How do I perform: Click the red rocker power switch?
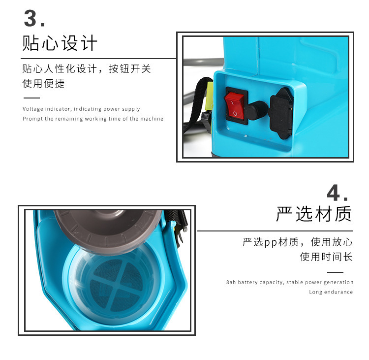(x=235, y=106)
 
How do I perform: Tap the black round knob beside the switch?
(x=257, y=110)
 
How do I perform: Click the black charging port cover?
(x=281, y=113)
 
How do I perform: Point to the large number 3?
(x=31, y=18)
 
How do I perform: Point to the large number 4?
(x=334, y=193)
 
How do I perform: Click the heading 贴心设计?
(x=60, y=43)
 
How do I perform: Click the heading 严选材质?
(x=314, y=214)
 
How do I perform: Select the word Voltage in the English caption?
(x=33, y=109)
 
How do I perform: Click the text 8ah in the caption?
(x=231, y=282)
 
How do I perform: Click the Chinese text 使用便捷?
(x=43, y=83)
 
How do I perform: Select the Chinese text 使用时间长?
(x=326, y=257)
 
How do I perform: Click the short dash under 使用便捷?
(x=31, y=98)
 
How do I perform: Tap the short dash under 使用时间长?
(x=335, y=272)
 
